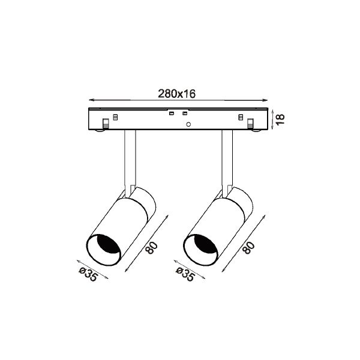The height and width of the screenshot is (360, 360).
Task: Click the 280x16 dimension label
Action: click(x=176, y=94)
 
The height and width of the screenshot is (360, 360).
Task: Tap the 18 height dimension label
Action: click(x=280, y=119)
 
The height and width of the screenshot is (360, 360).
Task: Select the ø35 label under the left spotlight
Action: click(x=88, y=274)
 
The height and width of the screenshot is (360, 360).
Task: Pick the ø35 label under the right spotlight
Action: click(x=185, y=274)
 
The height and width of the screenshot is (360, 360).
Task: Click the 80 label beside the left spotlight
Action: click(x=152, y=248)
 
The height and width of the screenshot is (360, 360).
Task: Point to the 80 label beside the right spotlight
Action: click(x=249, y=248)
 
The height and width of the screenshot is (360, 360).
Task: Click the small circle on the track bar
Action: click(x=188, y=124)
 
